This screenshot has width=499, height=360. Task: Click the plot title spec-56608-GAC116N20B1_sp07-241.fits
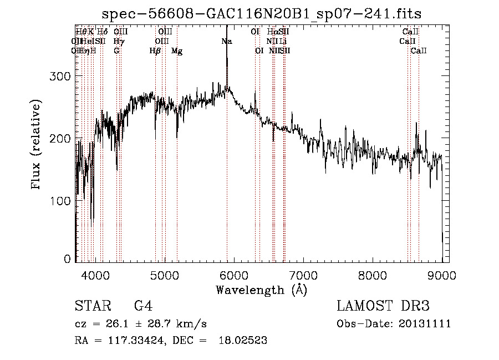266,14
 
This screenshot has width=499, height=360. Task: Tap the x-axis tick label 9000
442,275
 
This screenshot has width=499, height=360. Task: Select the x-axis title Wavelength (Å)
261,290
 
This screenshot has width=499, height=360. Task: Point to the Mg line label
177,51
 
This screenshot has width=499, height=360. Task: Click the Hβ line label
155,51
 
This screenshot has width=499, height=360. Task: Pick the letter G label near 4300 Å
116,51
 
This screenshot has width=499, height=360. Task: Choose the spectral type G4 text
142,306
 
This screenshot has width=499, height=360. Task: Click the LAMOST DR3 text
383,306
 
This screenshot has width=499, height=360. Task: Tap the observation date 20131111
427,324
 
